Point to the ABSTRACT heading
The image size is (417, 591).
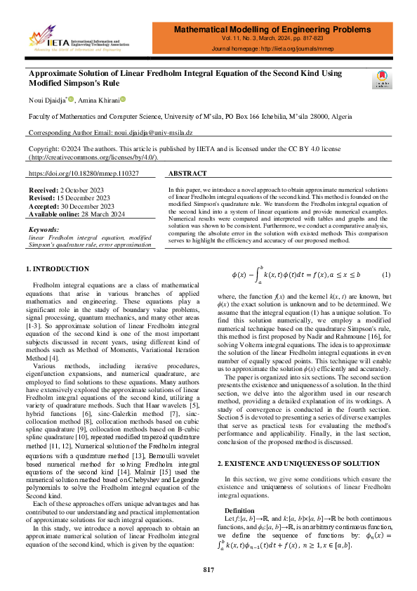click(x=188, y=173)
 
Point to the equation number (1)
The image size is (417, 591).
click(x=386, y=273)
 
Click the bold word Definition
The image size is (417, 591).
click(x=241, y=471)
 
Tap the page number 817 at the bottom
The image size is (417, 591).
click(x=208, y=569)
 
